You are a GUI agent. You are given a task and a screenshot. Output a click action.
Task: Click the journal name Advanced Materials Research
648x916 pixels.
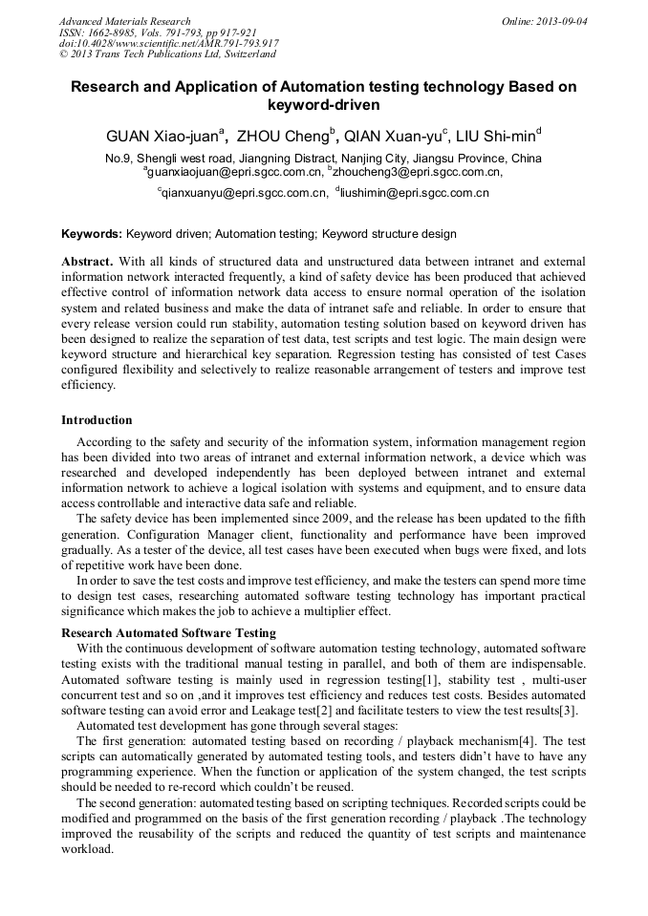[124, 21]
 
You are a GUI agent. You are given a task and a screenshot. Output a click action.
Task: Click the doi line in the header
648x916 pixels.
[169, 43]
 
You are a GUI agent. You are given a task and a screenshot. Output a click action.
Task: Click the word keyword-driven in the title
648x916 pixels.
[324, 104]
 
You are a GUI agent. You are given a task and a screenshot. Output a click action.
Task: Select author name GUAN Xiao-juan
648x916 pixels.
[162, 135]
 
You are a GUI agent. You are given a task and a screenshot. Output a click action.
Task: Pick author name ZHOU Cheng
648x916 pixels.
[282, 135]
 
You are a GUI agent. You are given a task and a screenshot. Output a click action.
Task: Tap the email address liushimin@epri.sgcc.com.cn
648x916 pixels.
[415, 192]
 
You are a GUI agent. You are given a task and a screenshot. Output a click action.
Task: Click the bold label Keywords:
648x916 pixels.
[92, 233]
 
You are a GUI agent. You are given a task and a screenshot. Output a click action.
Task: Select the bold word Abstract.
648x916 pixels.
[87, 262]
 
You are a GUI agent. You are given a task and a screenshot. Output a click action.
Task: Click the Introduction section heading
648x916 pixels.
[97, 420]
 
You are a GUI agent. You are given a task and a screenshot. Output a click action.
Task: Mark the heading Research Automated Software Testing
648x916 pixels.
[168, 632]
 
